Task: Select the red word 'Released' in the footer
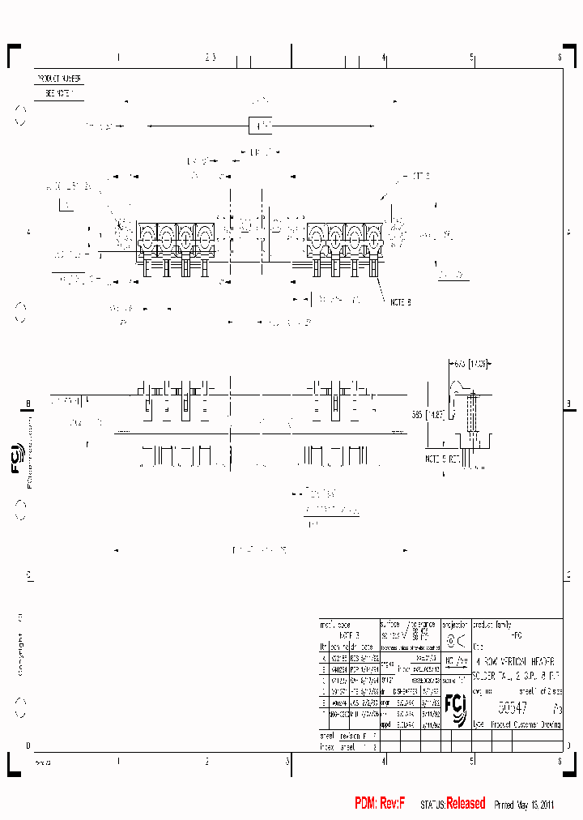[466, 803]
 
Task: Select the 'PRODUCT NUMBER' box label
[58, 79]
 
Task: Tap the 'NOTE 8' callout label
[400, 301]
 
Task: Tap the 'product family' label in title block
[492, 625]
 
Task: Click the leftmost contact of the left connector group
[147, 240]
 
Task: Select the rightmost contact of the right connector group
[374, 240]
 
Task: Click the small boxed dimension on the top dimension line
[260, 126]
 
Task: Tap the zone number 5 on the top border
[471, 58]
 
